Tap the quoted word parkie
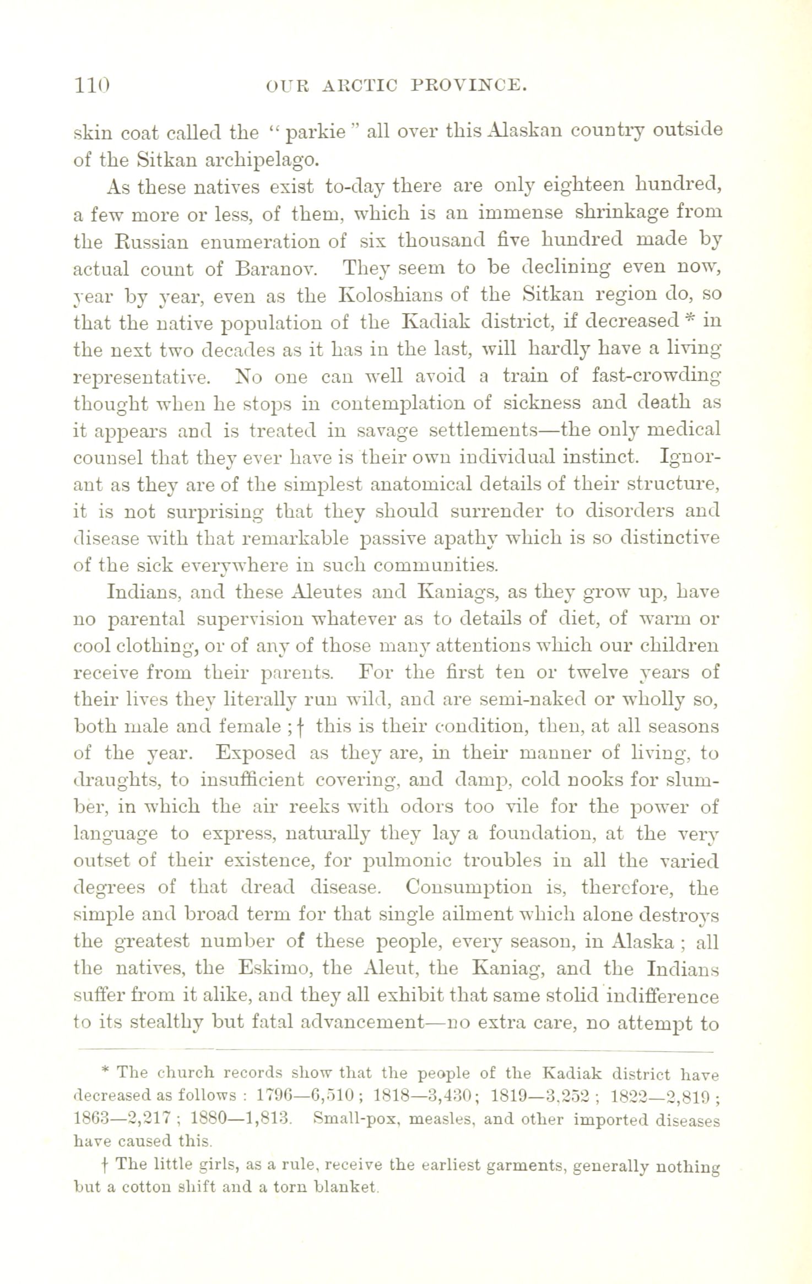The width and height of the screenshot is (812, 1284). pos(316,133)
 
